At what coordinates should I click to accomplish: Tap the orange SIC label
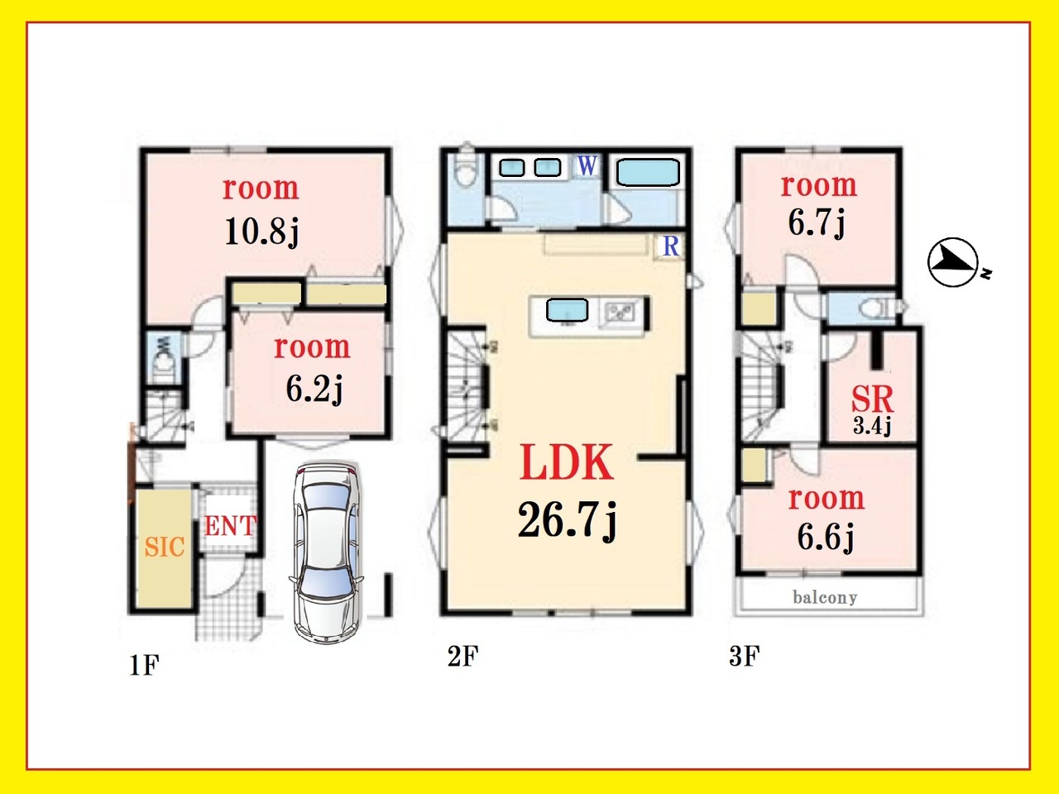165,548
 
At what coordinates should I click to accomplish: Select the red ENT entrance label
230,526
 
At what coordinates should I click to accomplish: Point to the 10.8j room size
261,233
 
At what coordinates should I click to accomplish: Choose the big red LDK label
567,462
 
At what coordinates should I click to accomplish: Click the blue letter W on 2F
587,166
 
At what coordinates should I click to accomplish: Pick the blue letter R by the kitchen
671,246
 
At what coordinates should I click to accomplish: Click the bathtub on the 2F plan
648,173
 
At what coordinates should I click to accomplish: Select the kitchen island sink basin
567,310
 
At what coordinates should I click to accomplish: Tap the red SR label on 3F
872,399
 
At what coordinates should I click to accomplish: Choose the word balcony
825,598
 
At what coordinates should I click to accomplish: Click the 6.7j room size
817,222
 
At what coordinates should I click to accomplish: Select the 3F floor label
745,656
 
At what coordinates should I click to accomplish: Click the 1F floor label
144,666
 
